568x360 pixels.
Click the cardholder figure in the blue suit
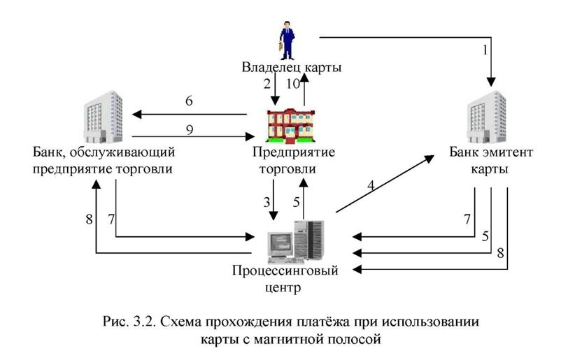click(287, 41)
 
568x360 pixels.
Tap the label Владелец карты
click(292, 67)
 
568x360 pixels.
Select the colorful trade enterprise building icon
click(291, 125)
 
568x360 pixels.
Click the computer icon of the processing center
click(295, 241)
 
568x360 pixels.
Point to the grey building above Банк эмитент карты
click(486, 117)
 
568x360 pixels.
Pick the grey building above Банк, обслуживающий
click(104, 117)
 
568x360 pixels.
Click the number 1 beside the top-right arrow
click(485, 50)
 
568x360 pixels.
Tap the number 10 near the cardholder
click(293, 84)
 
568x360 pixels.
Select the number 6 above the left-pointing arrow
click(189, 101)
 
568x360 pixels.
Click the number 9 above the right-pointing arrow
click(190, 129)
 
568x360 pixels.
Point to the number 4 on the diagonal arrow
click(371, 186)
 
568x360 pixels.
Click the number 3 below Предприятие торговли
click(267, 202)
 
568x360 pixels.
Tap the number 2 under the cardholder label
click(267, 84)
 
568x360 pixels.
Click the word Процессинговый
click(285, 271)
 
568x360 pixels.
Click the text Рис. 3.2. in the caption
click(129, 322)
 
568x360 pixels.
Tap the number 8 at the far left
click(89, 219)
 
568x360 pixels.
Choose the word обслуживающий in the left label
click(122, 152)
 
